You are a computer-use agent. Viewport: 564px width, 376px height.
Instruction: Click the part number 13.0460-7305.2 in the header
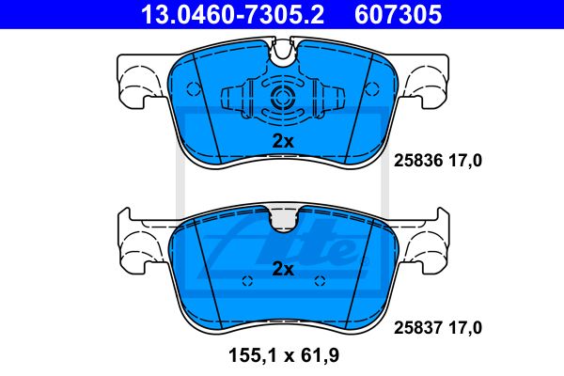click(x=233, y=14)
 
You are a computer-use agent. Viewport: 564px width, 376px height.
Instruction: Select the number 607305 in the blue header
click(x=399, y=14)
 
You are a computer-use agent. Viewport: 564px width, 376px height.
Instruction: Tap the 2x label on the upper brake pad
click(x=283, y=141)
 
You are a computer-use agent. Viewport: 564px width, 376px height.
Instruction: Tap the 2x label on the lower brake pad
click(x=283, y=269)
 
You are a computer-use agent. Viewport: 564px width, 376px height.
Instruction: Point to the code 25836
click(x=418, y=161)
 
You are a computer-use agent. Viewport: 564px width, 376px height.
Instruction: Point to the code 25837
click(x=418, y=328)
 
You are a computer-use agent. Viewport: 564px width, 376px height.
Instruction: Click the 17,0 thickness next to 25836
click(x=465, y=161)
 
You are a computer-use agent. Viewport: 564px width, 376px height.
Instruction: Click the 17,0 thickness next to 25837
click(x=465, y=328)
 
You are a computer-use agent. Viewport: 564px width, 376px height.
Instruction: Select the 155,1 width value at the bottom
click(x=253, y=356)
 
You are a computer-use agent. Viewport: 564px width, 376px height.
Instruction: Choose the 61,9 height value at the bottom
click(x=320, y=356)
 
